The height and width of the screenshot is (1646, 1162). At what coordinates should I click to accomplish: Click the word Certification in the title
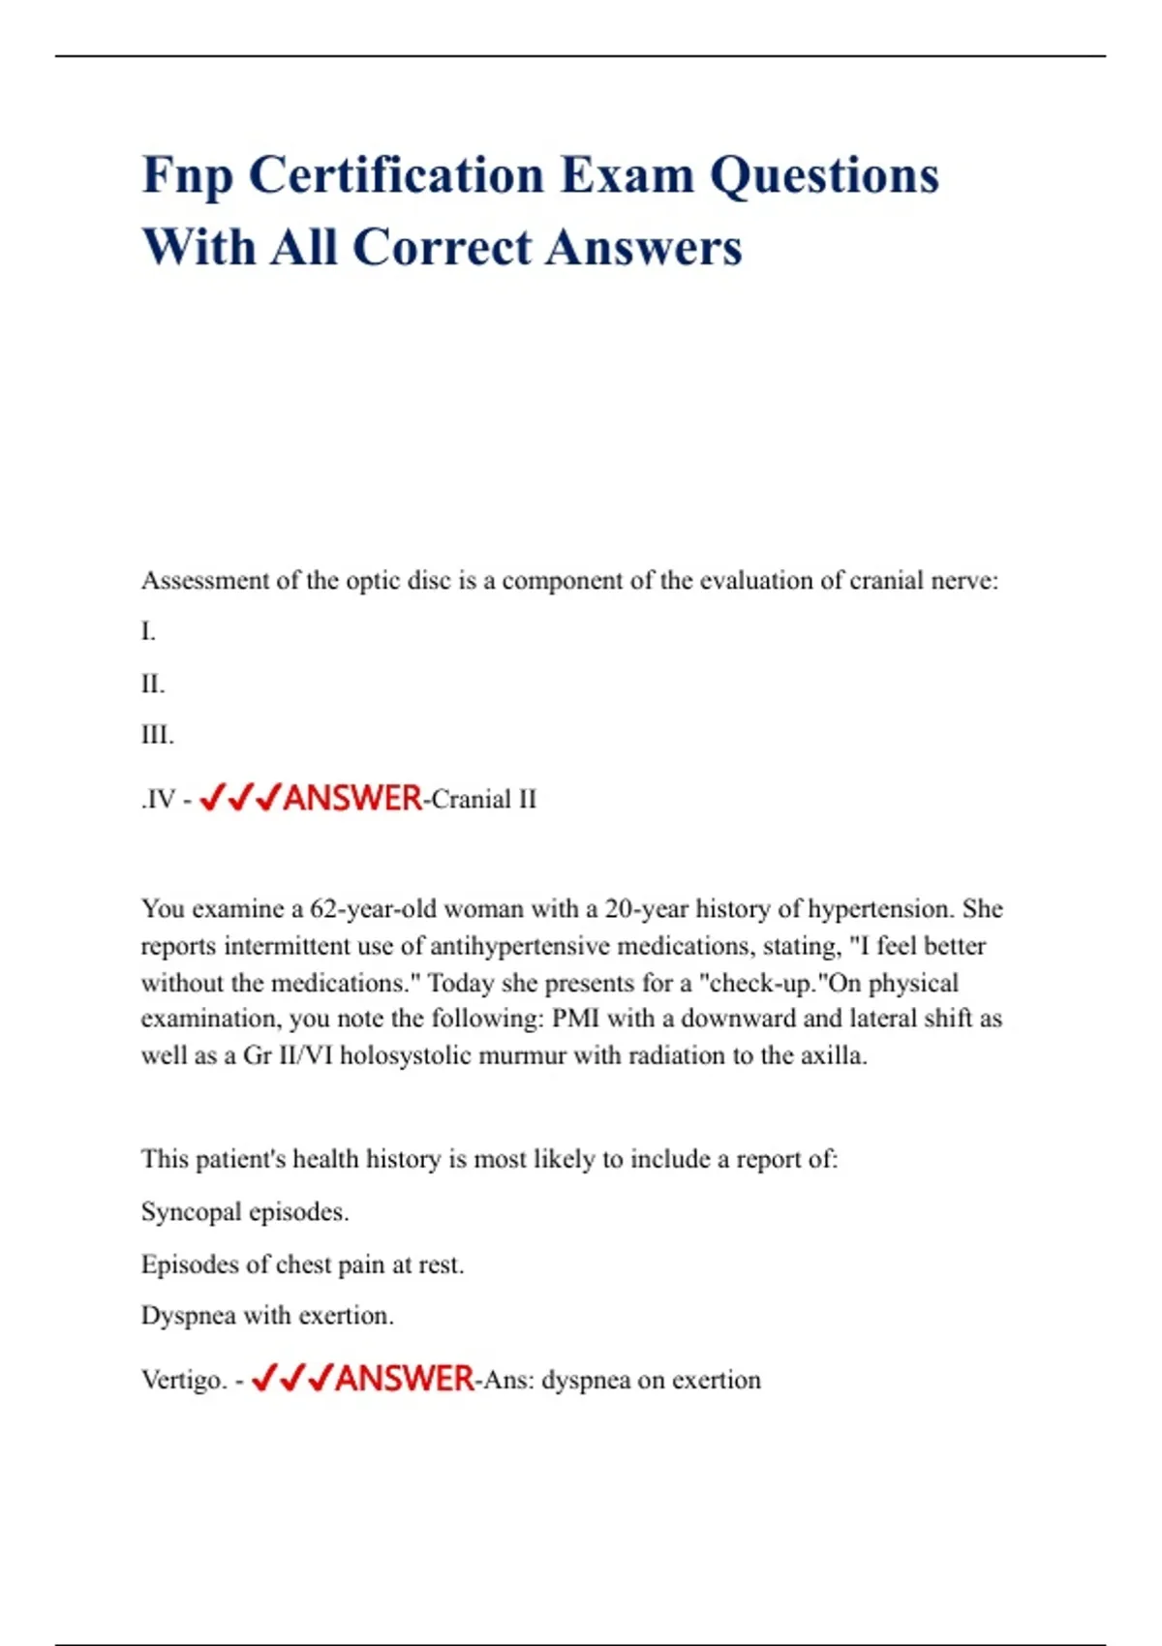pyautogui.click(x=396, y=176)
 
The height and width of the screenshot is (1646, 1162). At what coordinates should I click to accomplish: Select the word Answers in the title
pyautogui.click(x=643, y=248)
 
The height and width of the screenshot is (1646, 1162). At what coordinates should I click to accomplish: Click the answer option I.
pyautogui.click(x=148, y=632)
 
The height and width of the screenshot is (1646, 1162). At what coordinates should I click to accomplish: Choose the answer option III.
pyautogui.click(x=158, y=736)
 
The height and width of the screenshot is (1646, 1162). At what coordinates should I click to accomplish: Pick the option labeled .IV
pyautogui.click(x=159, y=800)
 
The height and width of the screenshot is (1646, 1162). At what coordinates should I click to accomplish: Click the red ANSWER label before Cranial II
pyautogui.click(x=353, y=799)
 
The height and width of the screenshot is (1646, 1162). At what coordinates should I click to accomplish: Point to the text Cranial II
pyautogui.click(x=483, y=800)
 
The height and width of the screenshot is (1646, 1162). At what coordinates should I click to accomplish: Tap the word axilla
pyautogui.click(x=832, y=1055)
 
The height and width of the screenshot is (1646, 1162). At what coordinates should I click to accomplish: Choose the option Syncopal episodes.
pyautogui.click(x=245, y=1212)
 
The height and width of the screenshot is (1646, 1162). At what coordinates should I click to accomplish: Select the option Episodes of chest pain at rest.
pyautogui.click(x=302, y=1265)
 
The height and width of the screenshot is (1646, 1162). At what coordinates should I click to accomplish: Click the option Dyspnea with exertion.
pyautogui.click(x=267, y=1316)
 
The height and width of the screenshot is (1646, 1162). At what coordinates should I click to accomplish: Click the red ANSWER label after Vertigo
pyautogui.click(x=405, y=1379)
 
